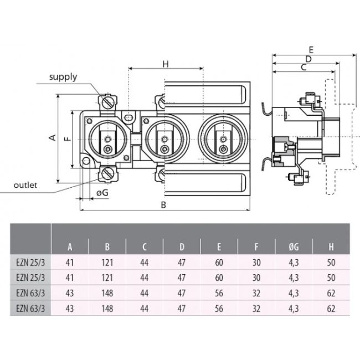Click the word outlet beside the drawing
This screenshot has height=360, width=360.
(x=27, y=185)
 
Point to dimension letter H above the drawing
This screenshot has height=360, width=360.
(x=165, y=64)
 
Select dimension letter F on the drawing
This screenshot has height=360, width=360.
(x=66, y=139)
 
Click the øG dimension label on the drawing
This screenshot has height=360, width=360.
(x=102, y=192)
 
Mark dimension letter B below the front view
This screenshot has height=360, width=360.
(x=164, y=204)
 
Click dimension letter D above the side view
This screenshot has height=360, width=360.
(x=308, y=58)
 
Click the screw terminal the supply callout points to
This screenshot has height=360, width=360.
(x=107, y=102)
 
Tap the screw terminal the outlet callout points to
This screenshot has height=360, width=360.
(x=107, y=175)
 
